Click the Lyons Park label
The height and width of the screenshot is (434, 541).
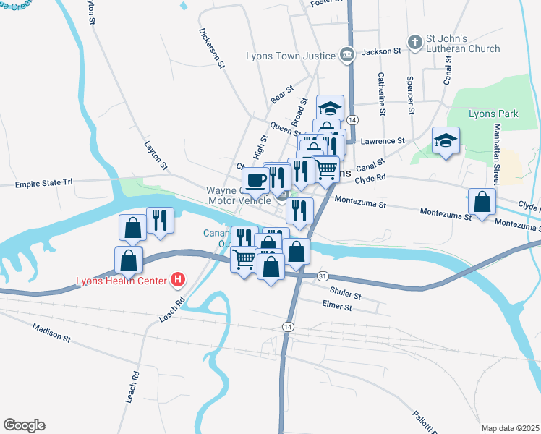(493, 114)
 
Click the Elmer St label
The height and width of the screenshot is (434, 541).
(336, 307)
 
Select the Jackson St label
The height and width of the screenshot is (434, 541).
(381, 51)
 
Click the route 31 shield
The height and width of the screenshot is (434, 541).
(323, 276)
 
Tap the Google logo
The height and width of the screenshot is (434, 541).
(24, 425)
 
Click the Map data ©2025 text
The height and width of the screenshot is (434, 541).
(509, 427)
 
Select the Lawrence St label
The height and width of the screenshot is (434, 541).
(383, 141)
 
